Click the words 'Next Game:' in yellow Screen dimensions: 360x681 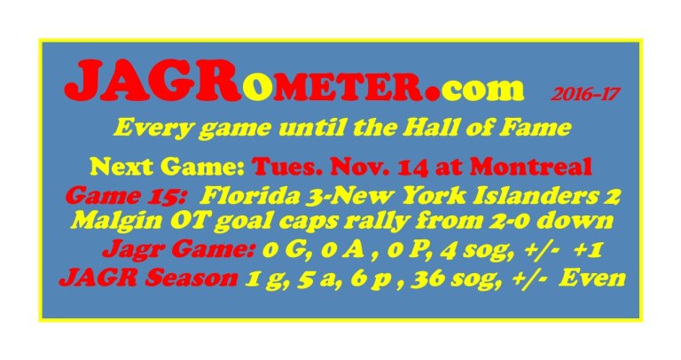click(x=166, y=166)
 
